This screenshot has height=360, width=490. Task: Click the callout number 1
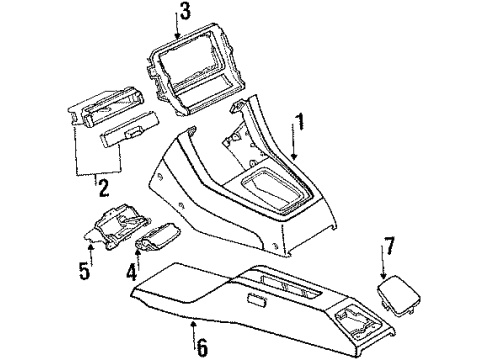301,122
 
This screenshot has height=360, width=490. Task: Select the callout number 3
185,11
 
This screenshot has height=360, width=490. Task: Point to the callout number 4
131,271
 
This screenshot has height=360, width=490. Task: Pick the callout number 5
84,270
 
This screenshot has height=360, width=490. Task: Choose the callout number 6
202,347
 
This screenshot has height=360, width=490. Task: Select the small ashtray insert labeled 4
157,237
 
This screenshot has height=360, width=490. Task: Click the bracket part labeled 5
117,227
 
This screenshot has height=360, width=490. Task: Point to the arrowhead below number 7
383,275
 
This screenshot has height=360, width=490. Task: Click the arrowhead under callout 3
177,34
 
